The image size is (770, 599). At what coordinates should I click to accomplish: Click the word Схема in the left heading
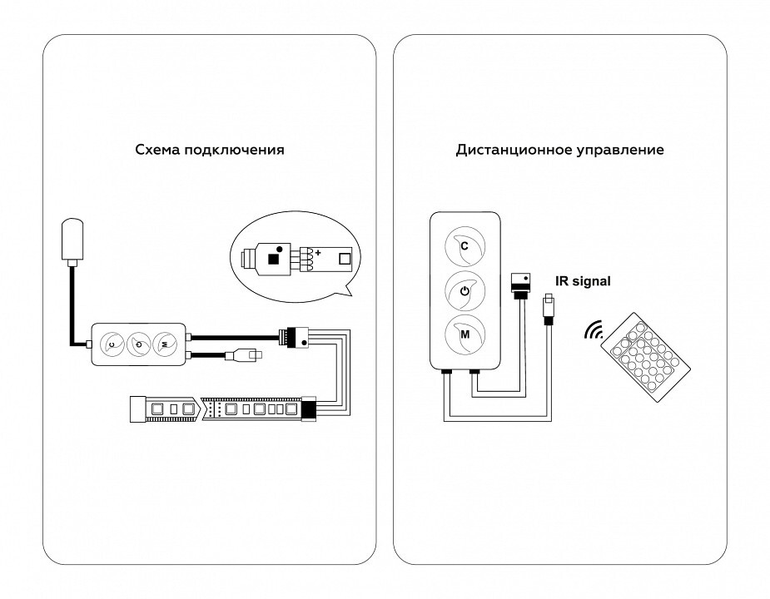coord(157,149)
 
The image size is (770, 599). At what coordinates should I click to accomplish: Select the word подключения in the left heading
coord(234,151)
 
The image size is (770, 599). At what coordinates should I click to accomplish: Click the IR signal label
coord(583,281)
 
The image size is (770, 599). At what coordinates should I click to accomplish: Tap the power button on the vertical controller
coord(465,291)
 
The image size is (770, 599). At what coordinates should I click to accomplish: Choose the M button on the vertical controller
coord(465,334)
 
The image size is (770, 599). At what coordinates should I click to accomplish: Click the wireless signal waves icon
coord(594,330)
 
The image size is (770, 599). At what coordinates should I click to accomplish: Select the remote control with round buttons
coord(645,356)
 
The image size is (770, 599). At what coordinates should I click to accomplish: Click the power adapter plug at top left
coord(72,240)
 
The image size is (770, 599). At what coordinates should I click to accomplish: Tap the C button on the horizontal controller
coord(112,344)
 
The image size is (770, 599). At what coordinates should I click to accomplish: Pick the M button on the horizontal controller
coord(165,344)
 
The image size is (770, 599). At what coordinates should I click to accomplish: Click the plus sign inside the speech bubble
coord(318,253)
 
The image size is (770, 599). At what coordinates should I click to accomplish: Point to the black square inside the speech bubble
coord(274,258)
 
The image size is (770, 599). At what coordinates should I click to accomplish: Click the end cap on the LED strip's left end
coord(138,408)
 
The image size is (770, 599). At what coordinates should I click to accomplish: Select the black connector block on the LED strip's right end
coord(309,408)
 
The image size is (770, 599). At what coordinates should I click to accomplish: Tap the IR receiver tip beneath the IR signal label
coord(548,308)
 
